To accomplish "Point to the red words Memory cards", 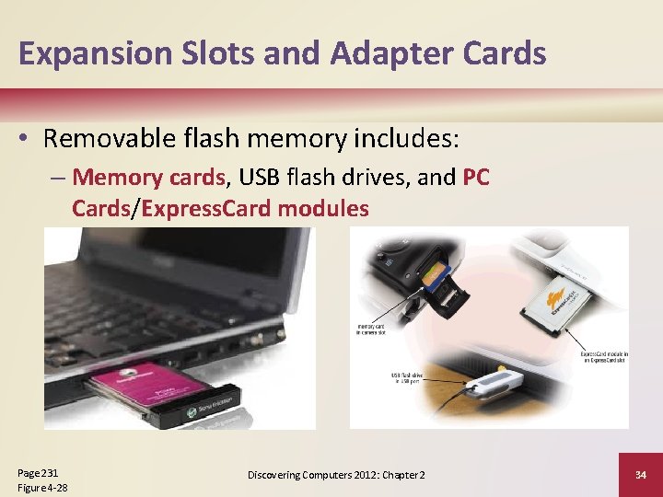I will (x=148, y=177).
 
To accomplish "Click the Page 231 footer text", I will (x=38, y=471).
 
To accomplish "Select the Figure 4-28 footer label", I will (x=42, y=487).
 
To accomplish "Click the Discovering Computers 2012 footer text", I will (x=336, y=474).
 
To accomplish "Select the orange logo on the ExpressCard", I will (x=556, y=303).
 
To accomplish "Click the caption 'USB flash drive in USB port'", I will (x=407, y=377).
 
